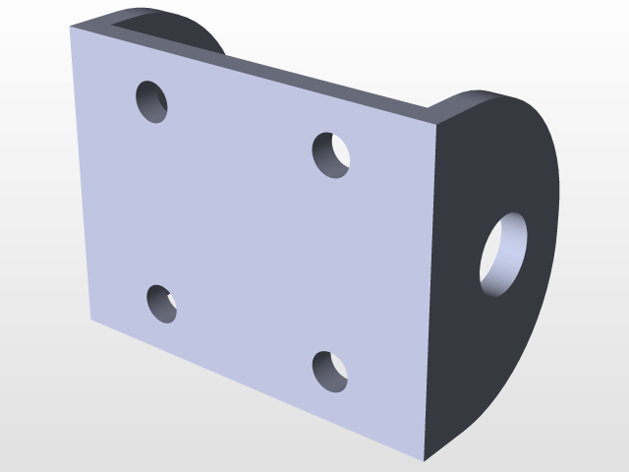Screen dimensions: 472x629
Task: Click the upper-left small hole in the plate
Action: pyautogui.click(x=151, y=101)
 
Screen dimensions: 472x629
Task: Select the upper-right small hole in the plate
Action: pyautogui.click(x=332, y=154)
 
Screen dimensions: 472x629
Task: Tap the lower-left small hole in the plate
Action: pyautogui.click(x=162, y=304)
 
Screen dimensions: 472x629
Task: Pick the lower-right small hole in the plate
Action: pyautogui.click(x=330, y=371)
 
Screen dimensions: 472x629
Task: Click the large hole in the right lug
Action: pyautogui.click(x=503, y=255)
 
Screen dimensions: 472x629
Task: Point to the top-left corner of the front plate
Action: pyautogui.click(x=72, y=28)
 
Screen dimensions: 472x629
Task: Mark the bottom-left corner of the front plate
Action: pyautogui.click(x=91, y=321)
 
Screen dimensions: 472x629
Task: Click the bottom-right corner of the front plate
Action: pyautogui.click(x=424, y=459)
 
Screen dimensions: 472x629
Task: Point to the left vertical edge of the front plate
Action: pyautogui.click(x=81, y=177)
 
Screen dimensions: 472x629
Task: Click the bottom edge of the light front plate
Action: pyautogui.click(x=256, y=390)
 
